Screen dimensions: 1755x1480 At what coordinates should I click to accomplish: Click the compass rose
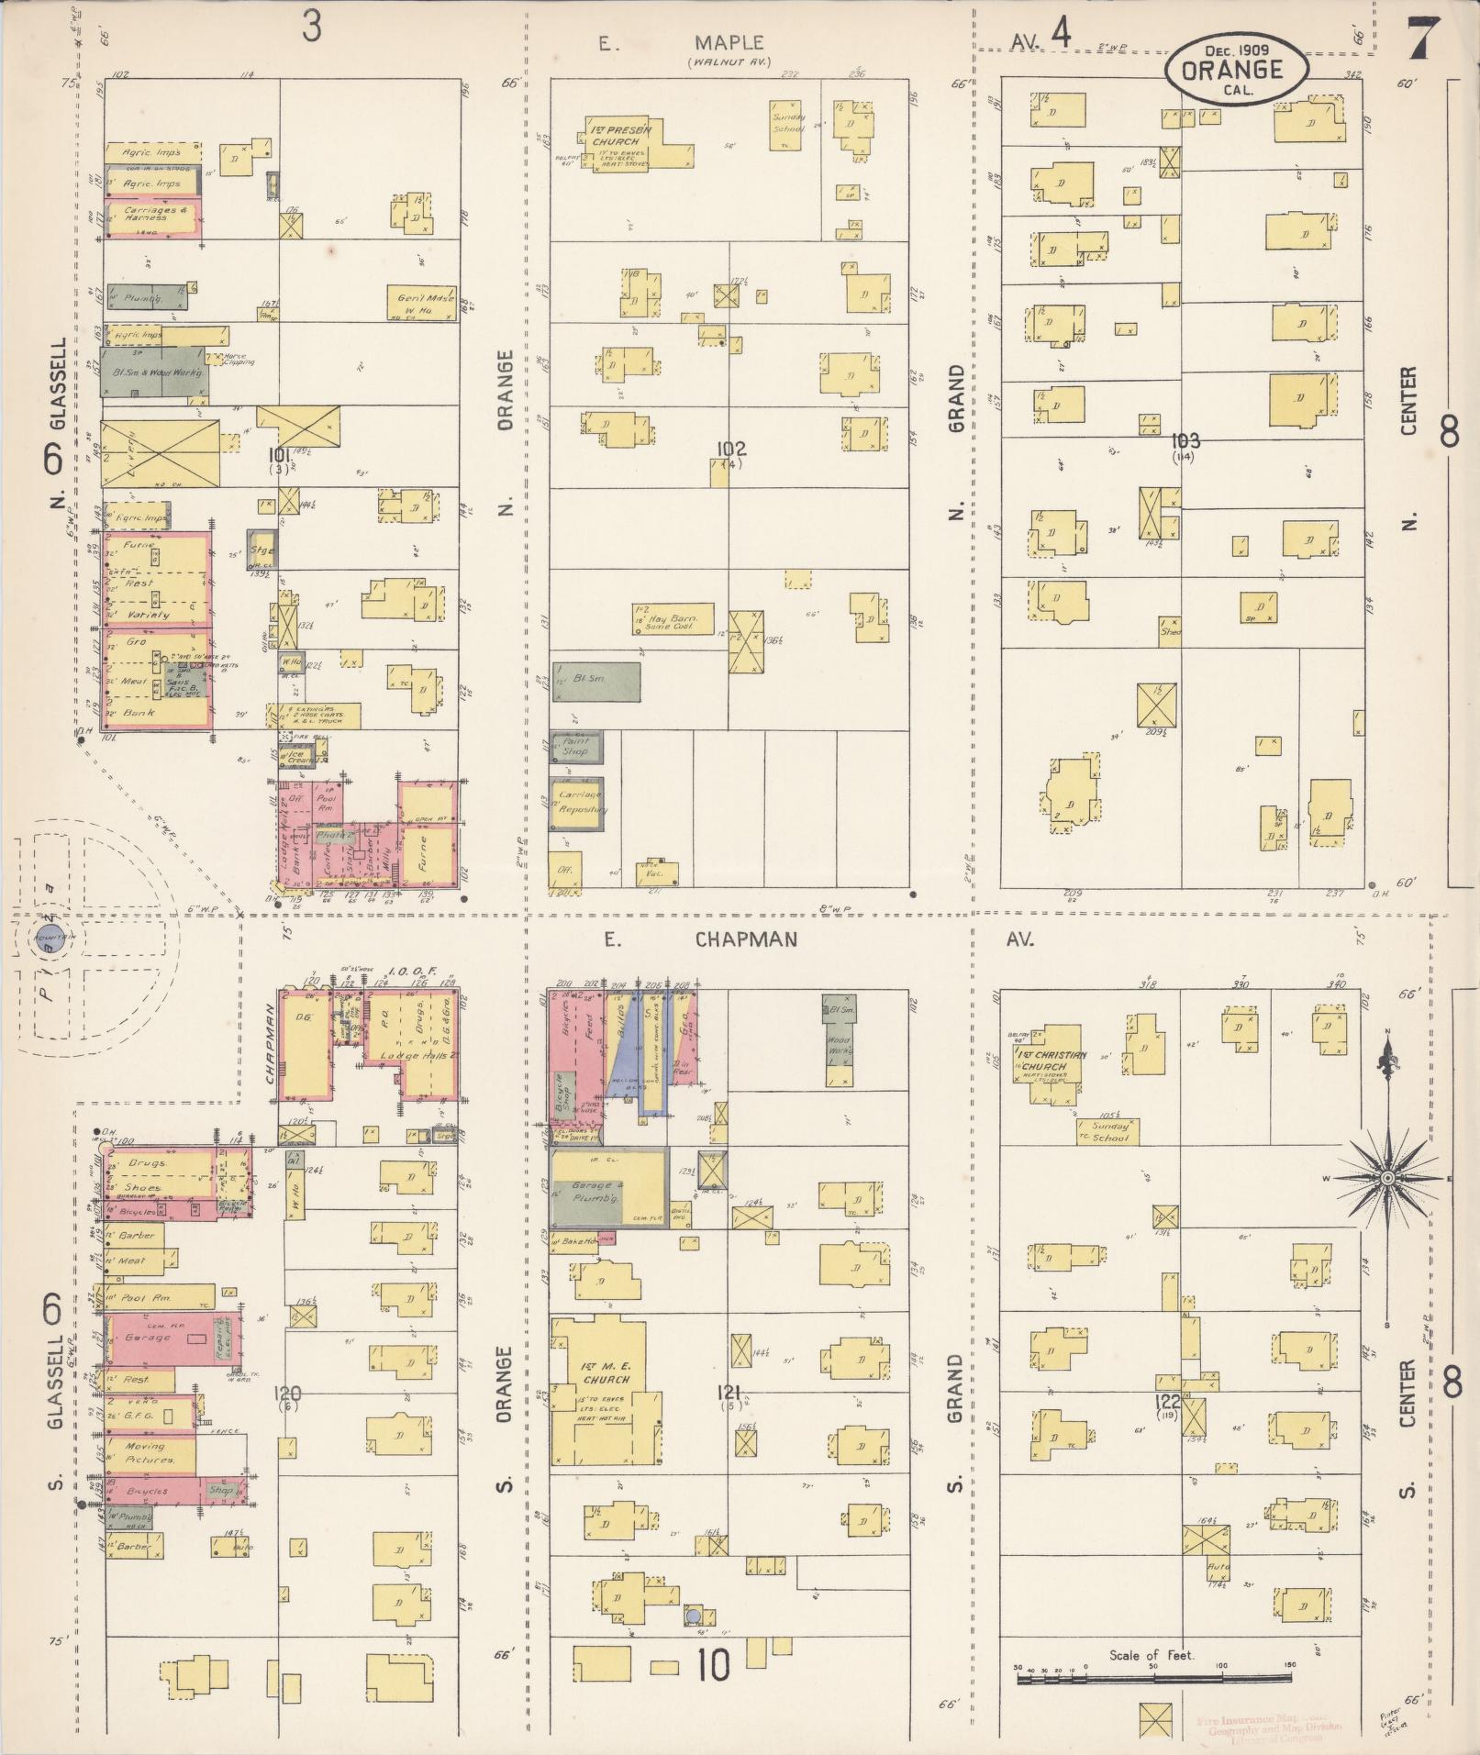(1386, 1177)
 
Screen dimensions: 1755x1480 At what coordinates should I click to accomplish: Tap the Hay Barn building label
(668, 619)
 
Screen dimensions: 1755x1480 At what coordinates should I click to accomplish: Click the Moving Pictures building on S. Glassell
(150, 1453)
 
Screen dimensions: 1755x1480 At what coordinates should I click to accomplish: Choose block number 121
(731, 1392)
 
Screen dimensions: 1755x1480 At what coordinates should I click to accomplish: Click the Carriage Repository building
(578, 804)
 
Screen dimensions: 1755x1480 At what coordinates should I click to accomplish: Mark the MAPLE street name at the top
(729, 43)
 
